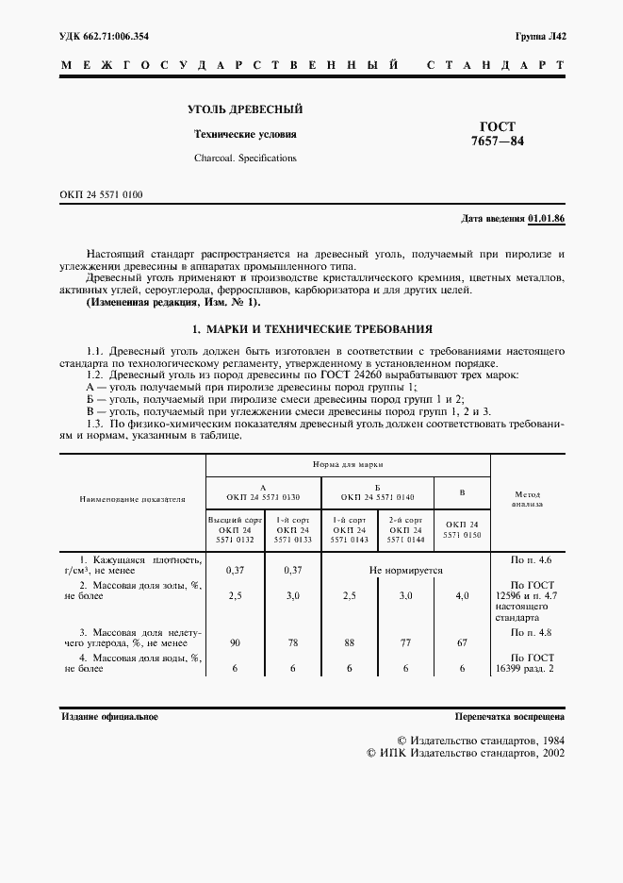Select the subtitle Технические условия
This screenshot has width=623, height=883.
click(245, 135)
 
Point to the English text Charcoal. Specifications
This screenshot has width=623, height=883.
click(245, 158)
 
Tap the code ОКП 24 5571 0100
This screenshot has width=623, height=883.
click(101, 194)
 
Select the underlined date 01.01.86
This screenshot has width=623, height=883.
click(547, 219)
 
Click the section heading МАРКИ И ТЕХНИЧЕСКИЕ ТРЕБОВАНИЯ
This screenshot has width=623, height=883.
click(312, 329)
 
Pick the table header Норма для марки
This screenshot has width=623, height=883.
click(348, 465)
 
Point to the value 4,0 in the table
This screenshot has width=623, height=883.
click(462, 596)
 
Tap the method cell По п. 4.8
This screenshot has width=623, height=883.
click(527, 631)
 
